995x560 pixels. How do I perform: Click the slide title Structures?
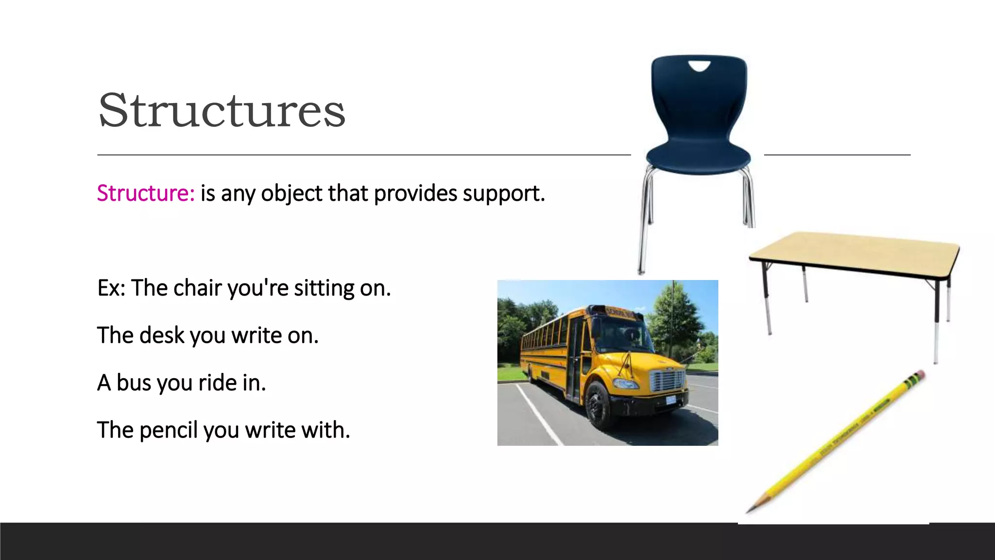pos(222,111)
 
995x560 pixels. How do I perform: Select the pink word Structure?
pos(146,193)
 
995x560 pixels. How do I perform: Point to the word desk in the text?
pos(162,335)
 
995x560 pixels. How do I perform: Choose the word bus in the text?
pos(134,383)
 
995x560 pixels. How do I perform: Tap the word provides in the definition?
pos(415,193)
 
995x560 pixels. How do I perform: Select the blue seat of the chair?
pos(698,157)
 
